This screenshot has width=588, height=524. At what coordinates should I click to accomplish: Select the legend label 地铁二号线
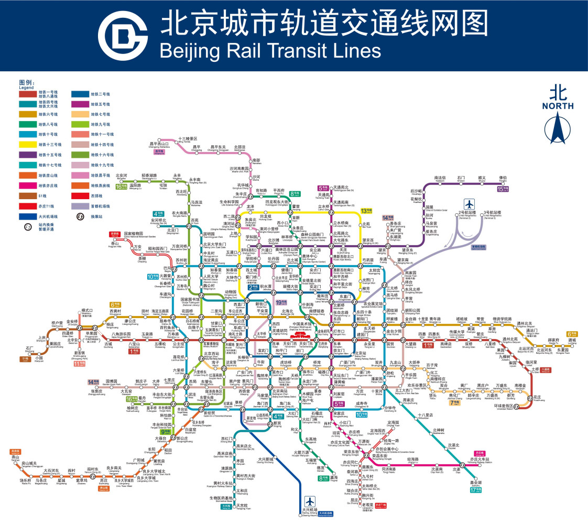click(x=101, y=94)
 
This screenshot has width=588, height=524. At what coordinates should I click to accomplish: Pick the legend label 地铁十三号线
click(x=50, y=144)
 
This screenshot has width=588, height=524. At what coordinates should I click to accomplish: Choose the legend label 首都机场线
click(x=100, y=206)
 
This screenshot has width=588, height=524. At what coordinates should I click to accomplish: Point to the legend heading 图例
click(x=27, y=83)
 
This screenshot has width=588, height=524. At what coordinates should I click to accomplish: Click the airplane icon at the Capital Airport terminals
click(x=469, y=204)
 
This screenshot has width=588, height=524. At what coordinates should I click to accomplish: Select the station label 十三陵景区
click(x=187, y=138)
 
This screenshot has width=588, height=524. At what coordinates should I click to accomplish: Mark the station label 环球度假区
click(x=513, y=406)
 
